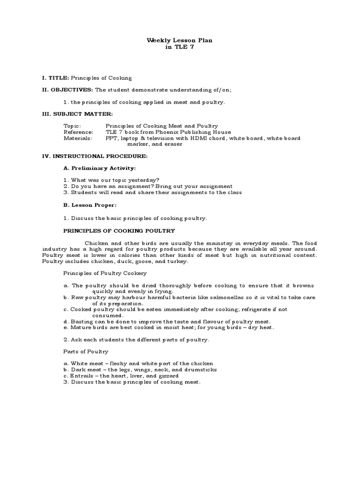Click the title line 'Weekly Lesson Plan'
point(180,41)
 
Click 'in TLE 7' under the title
point(180,47)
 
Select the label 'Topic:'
point(72,126)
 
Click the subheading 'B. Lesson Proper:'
point(90,205)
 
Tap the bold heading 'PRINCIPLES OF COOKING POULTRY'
point(119,231)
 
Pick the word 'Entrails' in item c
point(82,376)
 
